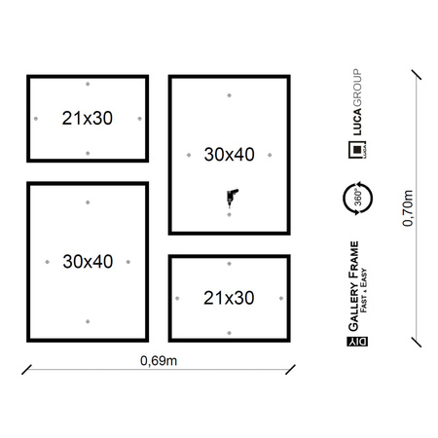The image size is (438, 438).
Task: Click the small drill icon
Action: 232,197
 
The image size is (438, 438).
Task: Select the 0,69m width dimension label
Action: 159,360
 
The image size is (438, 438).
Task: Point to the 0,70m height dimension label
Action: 408,208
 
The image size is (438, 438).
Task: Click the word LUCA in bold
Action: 357,122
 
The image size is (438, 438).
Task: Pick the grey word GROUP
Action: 357,88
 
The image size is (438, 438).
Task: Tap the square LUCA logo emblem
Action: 357,150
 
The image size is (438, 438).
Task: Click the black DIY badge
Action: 357,342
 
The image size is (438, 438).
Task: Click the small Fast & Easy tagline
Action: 364,290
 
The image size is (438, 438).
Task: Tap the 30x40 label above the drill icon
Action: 229,155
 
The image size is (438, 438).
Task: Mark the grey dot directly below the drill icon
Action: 229,215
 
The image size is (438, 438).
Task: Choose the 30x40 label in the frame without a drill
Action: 88,262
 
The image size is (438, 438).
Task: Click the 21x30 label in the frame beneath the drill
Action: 229,298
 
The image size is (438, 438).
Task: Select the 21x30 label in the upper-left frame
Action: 88,118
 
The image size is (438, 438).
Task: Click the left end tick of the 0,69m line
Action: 26,370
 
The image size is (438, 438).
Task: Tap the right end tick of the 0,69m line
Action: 290,370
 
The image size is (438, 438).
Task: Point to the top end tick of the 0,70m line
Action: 417,75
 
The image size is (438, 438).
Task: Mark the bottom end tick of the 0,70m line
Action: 417,343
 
